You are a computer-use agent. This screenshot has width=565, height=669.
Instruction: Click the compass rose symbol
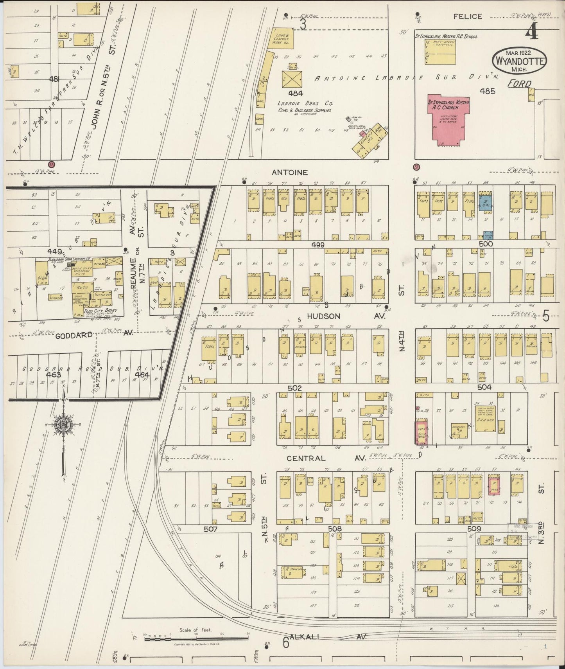click(x=63, y=425)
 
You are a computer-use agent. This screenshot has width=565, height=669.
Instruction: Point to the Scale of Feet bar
click(x=196, y=639)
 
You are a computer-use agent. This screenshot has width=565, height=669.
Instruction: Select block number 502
click(x=294, y=388)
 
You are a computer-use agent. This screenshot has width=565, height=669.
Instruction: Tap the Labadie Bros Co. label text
click(x=305, y=104)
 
